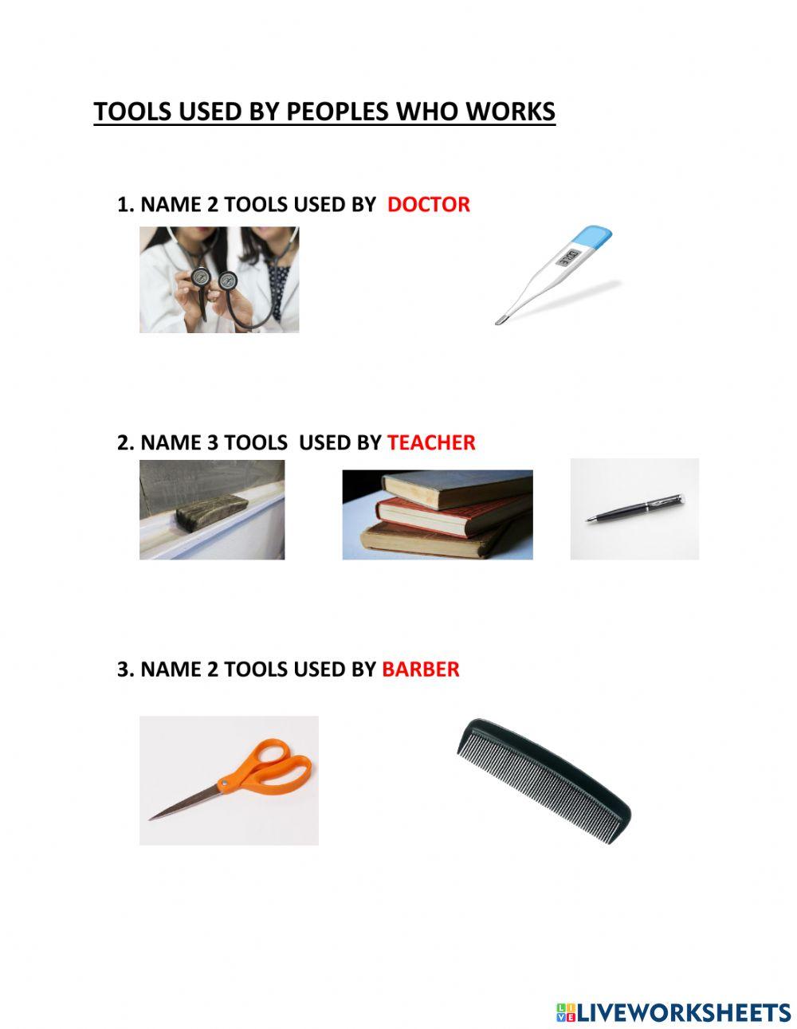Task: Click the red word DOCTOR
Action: tap(428, 205)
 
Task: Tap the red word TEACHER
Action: tap(431, 442)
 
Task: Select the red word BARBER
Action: tap(421, 669)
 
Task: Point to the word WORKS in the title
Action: tap(510, 112)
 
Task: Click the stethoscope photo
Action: tap(219, 279)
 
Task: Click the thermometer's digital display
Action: tap(567, 257)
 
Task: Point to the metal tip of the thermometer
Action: tap(500, 320)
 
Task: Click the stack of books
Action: tap(438, 514)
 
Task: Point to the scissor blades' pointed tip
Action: tap(153, 818)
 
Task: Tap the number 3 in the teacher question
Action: tap(212, 442)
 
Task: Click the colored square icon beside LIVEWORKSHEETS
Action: tap(566, 1012)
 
